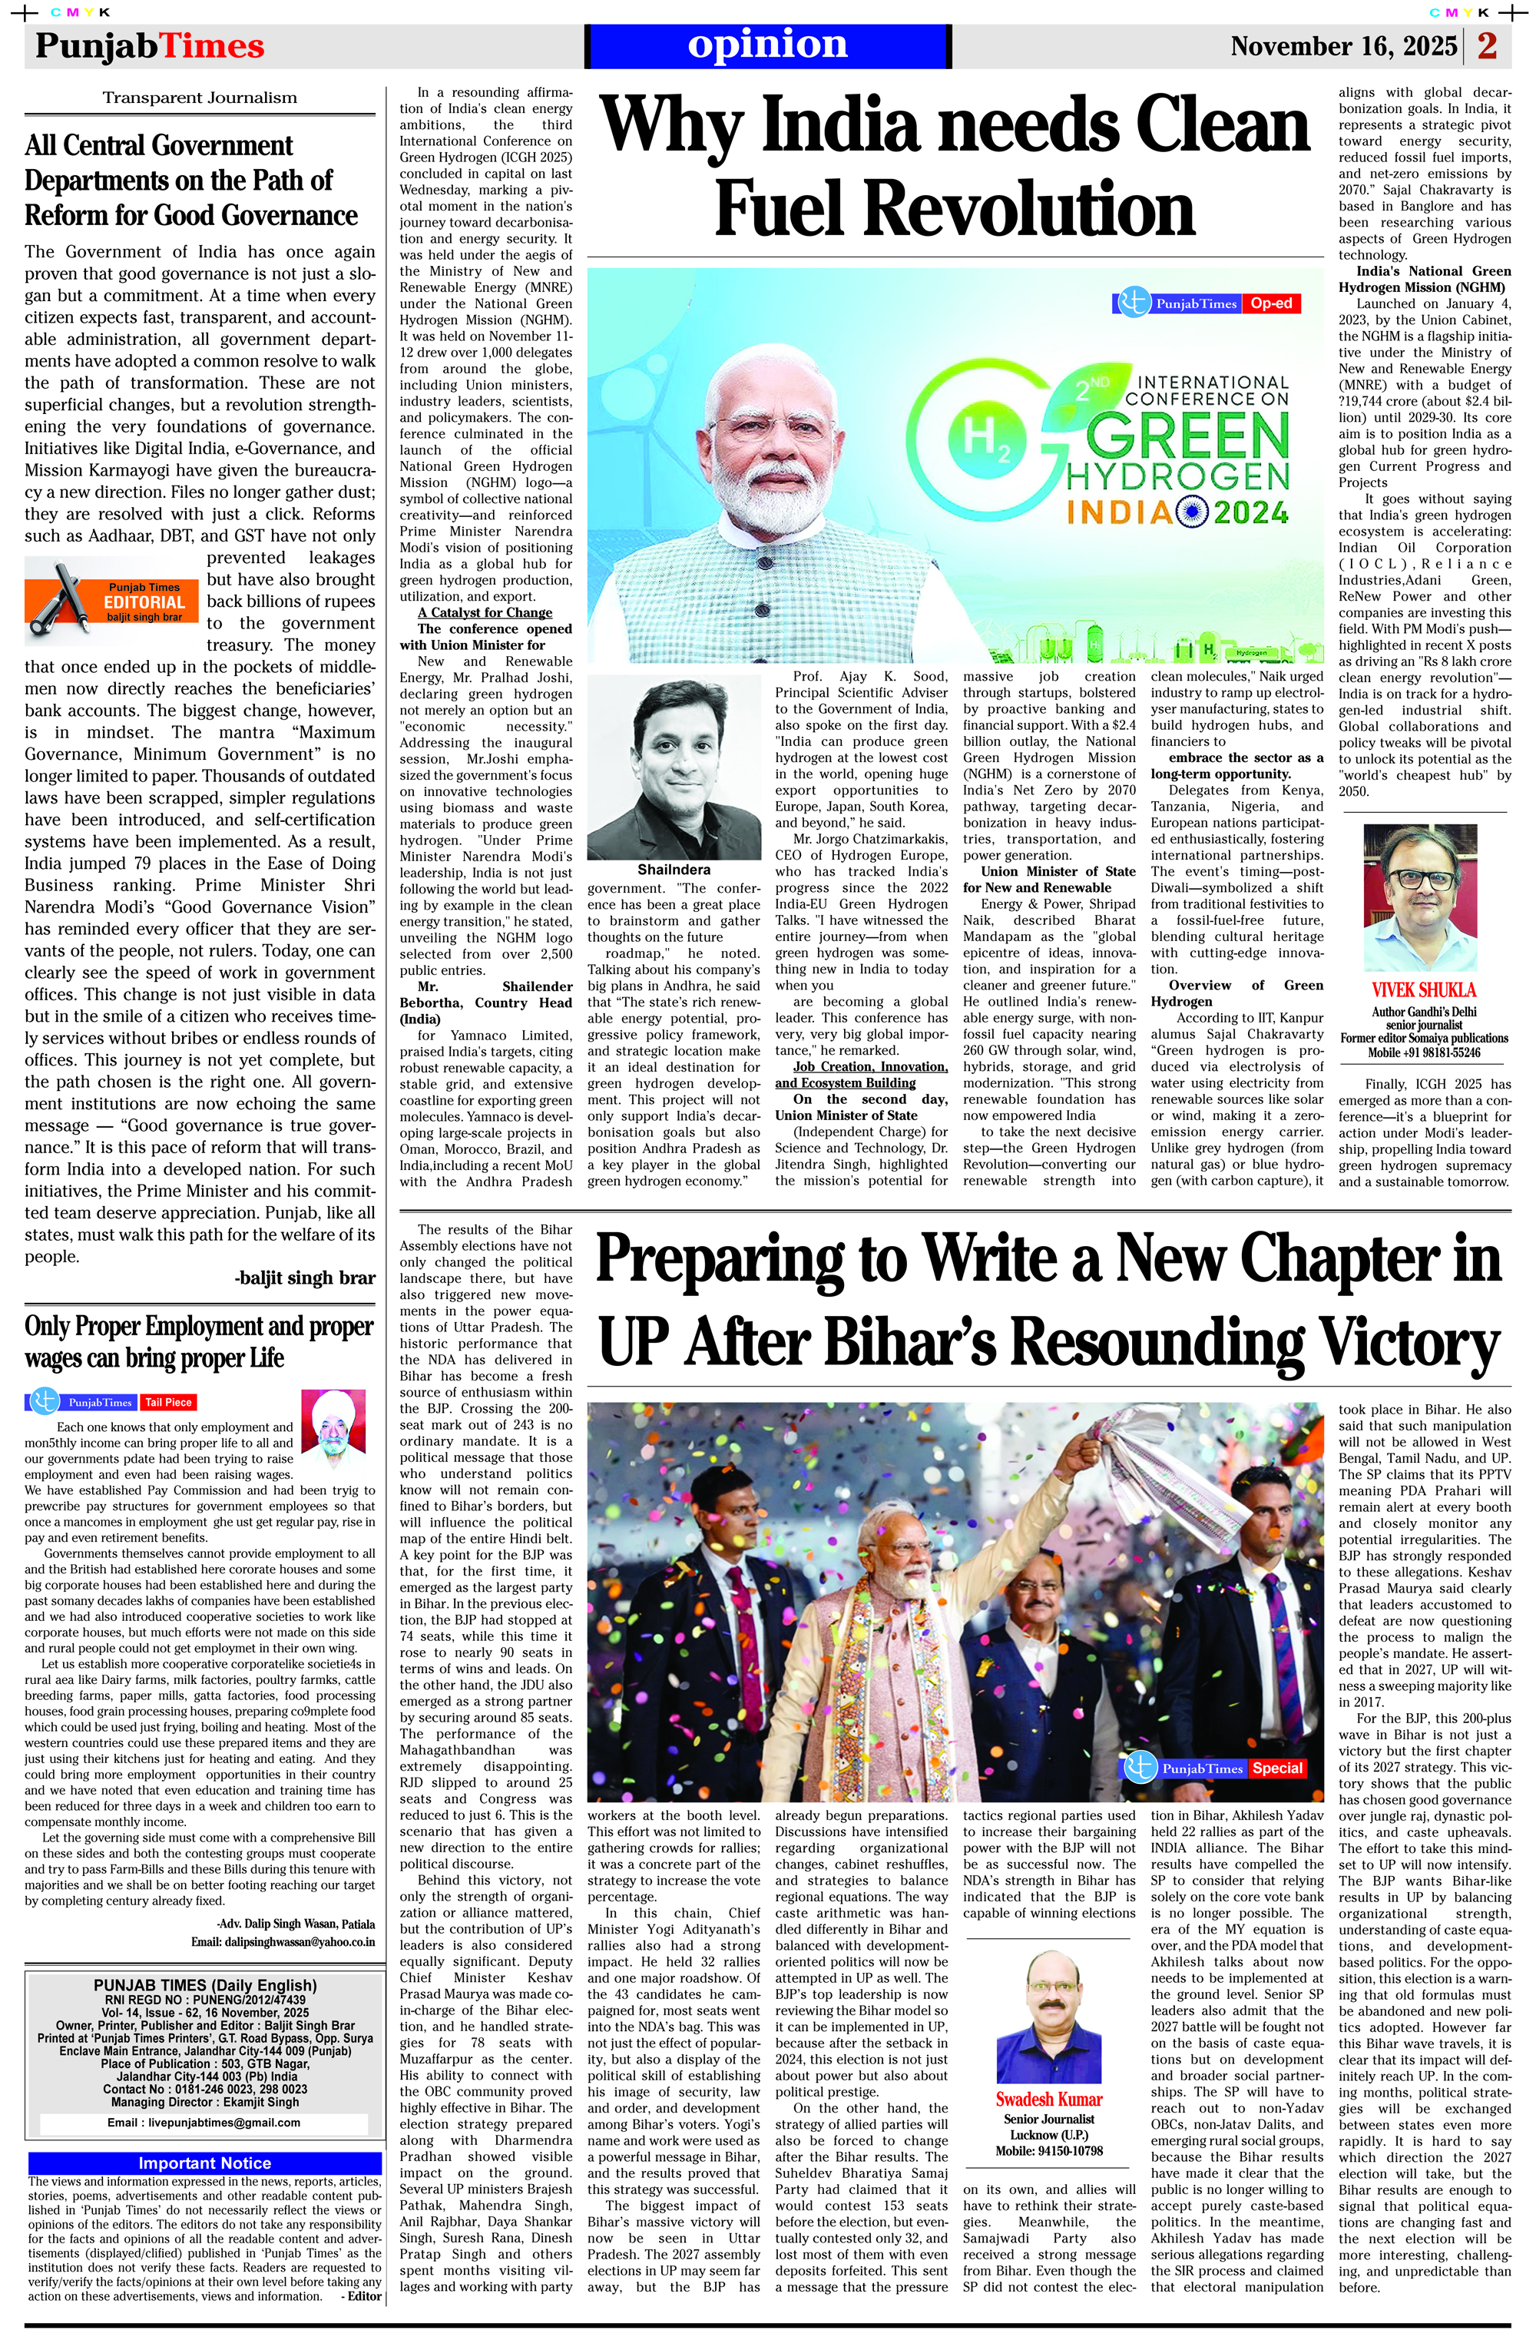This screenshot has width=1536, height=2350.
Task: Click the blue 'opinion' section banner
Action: pyautogui.click(x=767, y=45)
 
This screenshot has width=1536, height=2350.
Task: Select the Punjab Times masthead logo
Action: pyautogui.click(x=150, y=46)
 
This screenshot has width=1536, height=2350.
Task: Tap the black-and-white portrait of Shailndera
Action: pyautogui.click(x=674, y=768)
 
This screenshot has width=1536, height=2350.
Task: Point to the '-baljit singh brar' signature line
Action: pyautogui.click(x=305, y=1278)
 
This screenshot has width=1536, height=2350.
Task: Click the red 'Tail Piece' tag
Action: pyautogui.click(x=168, y=1402)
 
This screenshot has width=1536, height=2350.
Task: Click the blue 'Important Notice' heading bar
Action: pyautogui.click(x=204, y=2163)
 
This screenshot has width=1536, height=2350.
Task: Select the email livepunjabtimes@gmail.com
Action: pyautogui.click(x=204, y=2123)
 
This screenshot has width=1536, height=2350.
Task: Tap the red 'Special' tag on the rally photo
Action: pyautogui.click(x=1277, y=1768)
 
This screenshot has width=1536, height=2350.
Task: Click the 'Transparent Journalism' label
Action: pyautogui.click(x=200, y=98)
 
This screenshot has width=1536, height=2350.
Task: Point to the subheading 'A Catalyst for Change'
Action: pyautogui.click(x=484, y=612)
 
